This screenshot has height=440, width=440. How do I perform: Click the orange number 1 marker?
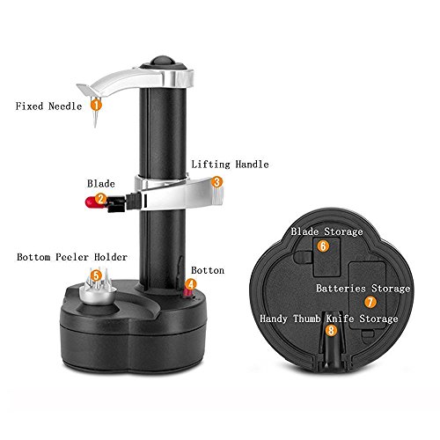(x=96, y=105)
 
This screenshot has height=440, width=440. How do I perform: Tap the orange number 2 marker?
(x=101, y=199)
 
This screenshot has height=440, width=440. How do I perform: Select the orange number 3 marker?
(x=216, y=182)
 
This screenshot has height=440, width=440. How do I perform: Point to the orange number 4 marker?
(x=191, y=285)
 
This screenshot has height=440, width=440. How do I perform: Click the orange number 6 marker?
(x=323, y=246)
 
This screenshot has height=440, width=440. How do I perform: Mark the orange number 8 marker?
(x=331, y=331)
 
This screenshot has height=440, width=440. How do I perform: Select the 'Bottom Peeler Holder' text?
(x=72, y=258)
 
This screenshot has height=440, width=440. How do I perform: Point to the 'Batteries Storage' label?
(x=363, y=288)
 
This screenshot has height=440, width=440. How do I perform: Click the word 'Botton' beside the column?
(x=209, y=271)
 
